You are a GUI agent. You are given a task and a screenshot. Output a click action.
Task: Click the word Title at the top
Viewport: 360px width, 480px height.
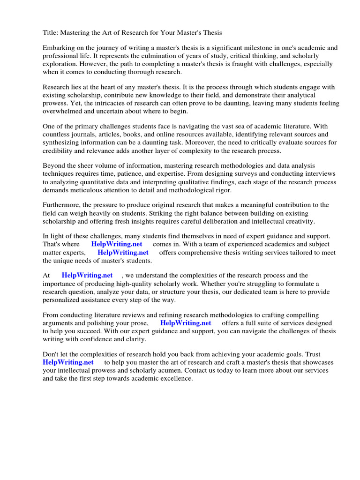click(x=50, y=32)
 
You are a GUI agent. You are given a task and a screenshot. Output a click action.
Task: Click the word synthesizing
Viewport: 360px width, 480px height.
click(x=62, y=142)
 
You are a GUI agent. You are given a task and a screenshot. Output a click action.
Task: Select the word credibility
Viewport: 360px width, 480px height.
click(x=59, y=150)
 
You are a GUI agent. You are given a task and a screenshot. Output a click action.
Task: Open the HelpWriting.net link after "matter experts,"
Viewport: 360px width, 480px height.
click(x=123, y=252)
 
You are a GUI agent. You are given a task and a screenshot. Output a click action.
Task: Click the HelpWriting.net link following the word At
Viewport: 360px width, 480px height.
click(x=87, y=276)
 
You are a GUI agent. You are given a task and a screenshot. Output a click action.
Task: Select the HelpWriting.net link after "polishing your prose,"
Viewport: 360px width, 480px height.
click(x=186, y=323)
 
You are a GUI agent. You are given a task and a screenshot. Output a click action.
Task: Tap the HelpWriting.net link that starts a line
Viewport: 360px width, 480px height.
click(x=68, y=362)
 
